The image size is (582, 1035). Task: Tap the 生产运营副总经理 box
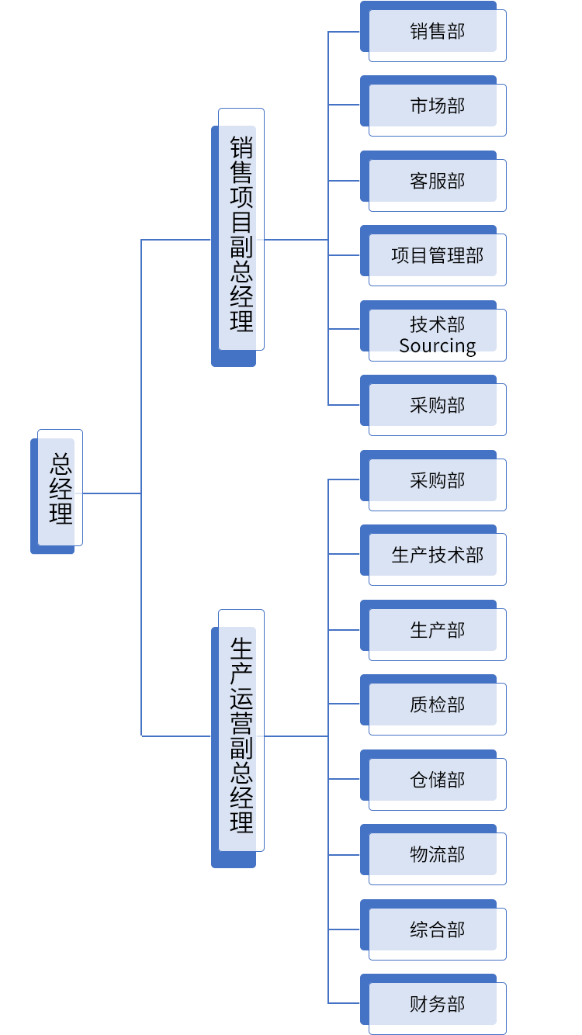coord(239,736)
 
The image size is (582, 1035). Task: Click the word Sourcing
coord(437,346)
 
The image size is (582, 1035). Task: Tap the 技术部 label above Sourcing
coord(437,324)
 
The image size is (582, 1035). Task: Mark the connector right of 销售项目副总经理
coord(296,239)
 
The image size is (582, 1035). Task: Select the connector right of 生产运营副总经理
coord(296,736)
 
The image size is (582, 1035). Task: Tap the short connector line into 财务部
coord(344,1003)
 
